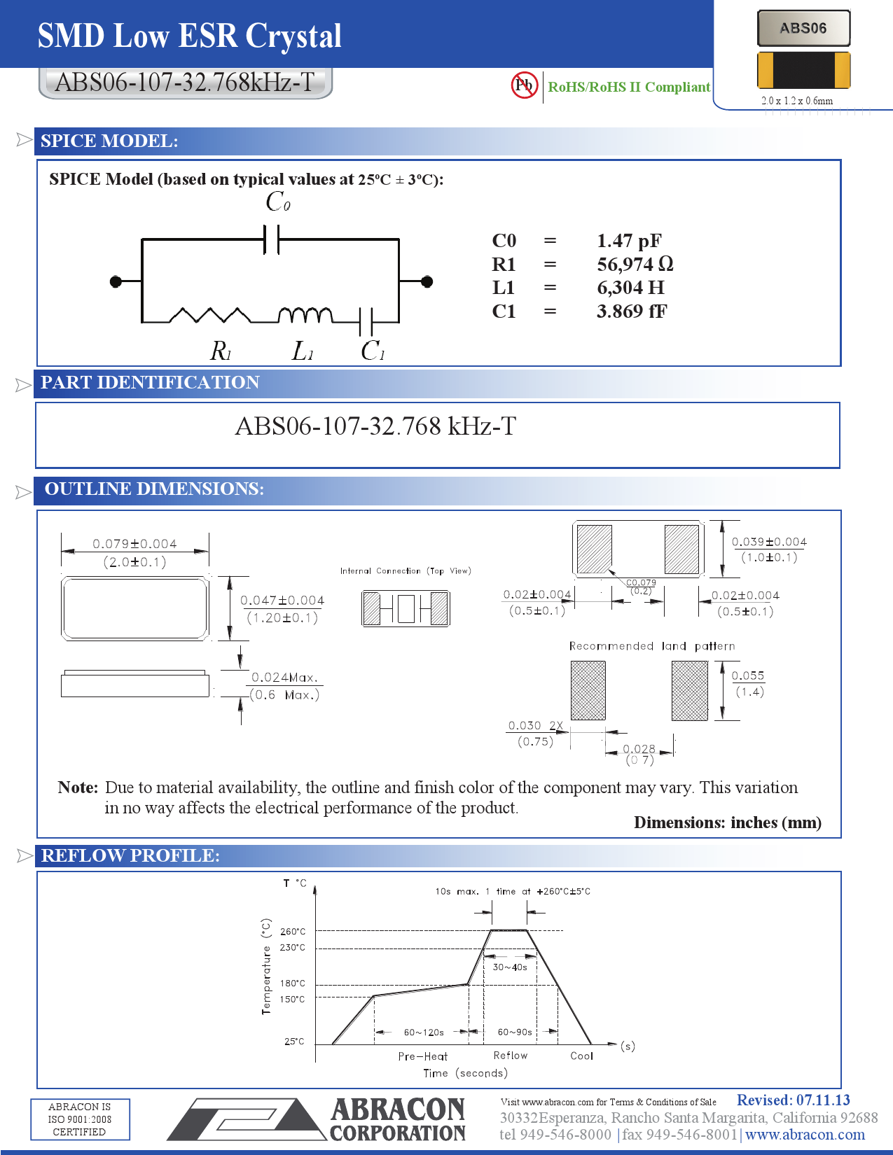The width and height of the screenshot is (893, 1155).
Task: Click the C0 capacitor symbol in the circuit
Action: click(272, 239)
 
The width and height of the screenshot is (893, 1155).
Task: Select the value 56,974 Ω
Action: click(635, 265)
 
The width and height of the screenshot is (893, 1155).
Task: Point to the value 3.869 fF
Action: click(632, 311)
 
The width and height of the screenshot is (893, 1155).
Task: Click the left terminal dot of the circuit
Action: click(116, 281)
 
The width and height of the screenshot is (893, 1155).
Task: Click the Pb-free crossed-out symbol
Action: click(524, 85)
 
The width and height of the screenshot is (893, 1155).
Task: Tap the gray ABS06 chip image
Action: click(803, 29)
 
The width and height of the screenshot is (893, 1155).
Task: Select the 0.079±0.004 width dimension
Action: click(134, 544)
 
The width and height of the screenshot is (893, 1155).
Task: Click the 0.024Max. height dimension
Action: click(284, 678)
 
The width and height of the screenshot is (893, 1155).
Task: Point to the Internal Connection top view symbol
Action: click(406, 608)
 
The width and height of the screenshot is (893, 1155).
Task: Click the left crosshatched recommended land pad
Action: click(588, 691)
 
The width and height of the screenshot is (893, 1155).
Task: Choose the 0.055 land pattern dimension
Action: click(747, 675)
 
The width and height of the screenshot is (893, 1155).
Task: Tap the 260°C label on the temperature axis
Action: click(293, 932)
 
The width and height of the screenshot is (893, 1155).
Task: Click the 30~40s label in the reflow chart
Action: click(510, 967)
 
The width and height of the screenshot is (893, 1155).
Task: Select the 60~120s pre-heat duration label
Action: click(424, 1032)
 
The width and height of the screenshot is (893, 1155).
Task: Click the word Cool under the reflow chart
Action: click(581, 1056)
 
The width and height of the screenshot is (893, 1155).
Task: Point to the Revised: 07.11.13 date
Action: click(793, 1100)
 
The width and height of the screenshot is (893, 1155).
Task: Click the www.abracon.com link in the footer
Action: click(805, 1135)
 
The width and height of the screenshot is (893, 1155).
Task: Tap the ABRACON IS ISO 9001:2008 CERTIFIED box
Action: click(80, 1119)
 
